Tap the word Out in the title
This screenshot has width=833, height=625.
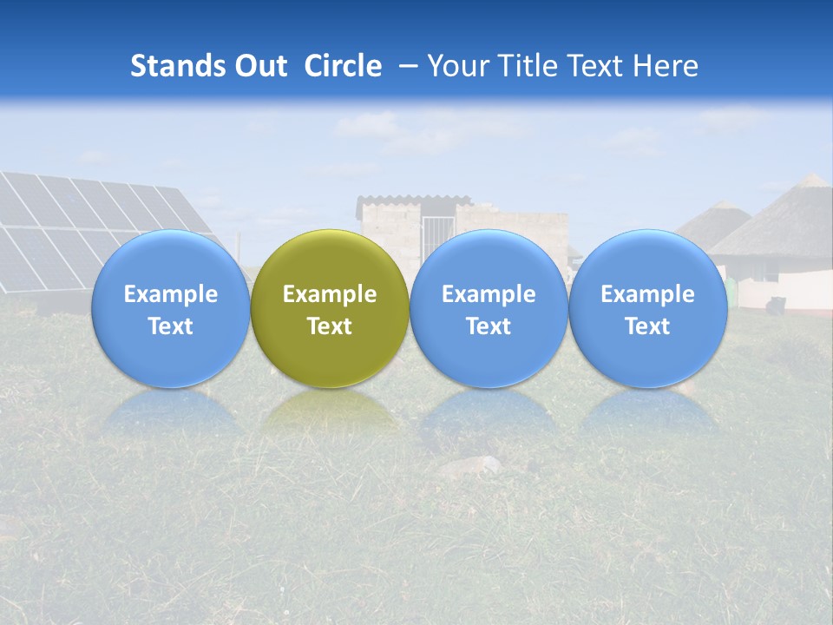coord(258,66)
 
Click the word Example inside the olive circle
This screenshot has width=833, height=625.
coord(330,295)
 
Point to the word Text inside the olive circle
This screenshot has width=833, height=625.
coord(330,326)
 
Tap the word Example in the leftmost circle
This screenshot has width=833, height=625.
coord(170,295)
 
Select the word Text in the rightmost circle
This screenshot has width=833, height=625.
coord(648,326)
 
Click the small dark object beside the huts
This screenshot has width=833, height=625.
coord(777,303)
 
